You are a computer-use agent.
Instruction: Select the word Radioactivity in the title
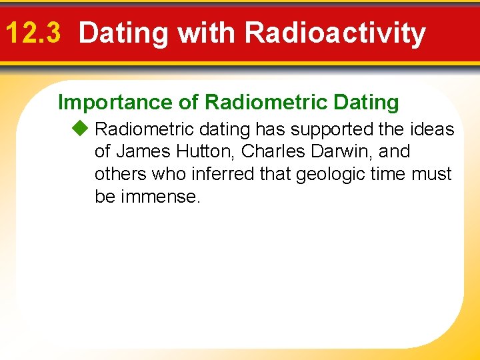click(335, 33)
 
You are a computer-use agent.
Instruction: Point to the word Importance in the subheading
click(115, 102)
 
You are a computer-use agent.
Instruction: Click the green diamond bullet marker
click(83, 129)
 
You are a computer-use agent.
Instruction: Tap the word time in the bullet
click(387, 174)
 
